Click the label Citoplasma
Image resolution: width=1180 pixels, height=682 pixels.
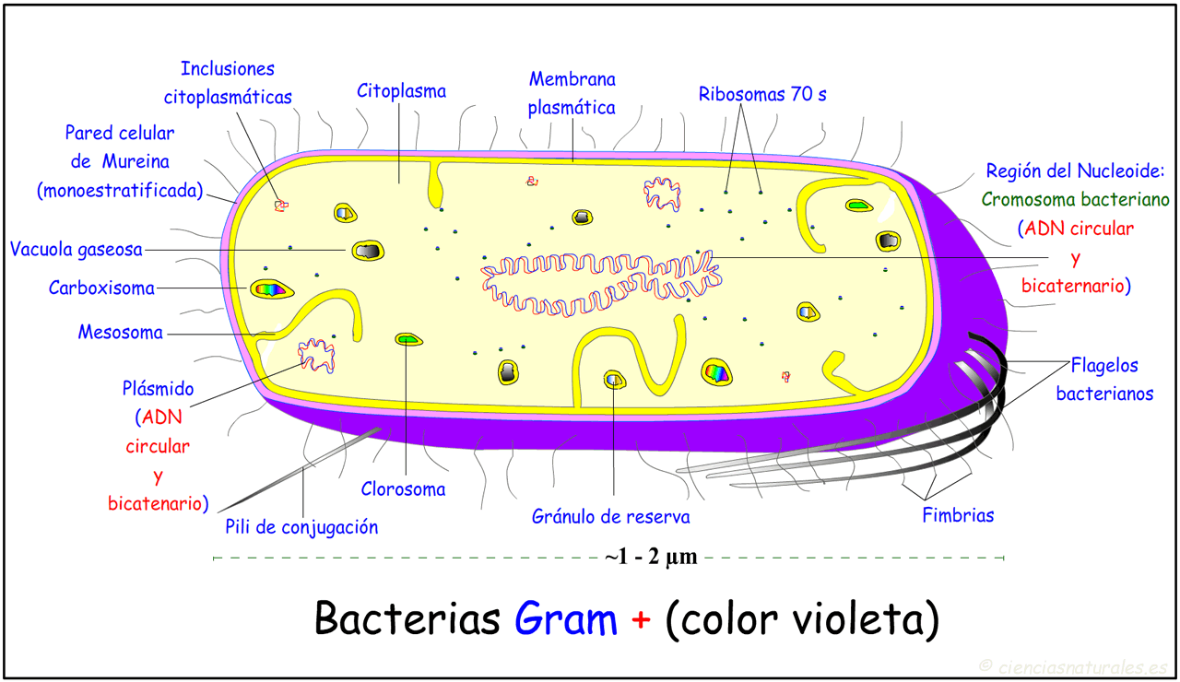pos(401,91)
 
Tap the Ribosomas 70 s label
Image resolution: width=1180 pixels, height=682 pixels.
pos(762,94)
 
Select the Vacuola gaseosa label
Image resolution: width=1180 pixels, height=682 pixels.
pos(77,250)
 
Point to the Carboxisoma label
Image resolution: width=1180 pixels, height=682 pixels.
pos(101,288)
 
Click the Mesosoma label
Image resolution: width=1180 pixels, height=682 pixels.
pos(121,333)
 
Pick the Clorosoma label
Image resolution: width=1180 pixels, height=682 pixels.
pos(403,489)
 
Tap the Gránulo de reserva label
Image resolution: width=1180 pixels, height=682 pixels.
pos(610,517)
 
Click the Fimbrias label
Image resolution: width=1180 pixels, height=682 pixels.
pos(958,515)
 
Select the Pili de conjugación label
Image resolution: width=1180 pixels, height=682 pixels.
pos(301,527)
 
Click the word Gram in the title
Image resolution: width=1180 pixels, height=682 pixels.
pos(566,618)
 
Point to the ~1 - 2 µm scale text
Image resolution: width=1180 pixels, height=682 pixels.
pos(652,557)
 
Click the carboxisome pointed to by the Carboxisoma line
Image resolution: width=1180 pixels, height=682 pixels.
pos(271,289)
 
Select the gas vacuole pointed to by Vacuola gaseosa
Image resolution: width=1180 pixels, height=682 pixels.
pos(368,252)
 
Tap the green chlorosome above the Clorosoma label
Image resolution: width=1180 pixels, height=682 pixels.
pos(408,339)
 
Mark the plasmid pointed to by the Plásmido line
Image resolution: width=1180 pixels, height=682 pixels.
pos(316,357)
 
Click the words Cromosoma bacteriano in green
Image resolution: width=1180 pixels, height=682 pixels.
pos(1075,200)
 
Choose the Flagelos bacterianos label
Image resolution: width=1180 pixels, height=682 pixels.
pos(1104,379)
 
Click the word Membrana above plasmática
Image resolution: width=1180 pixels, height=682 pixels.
pos(572,79)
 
